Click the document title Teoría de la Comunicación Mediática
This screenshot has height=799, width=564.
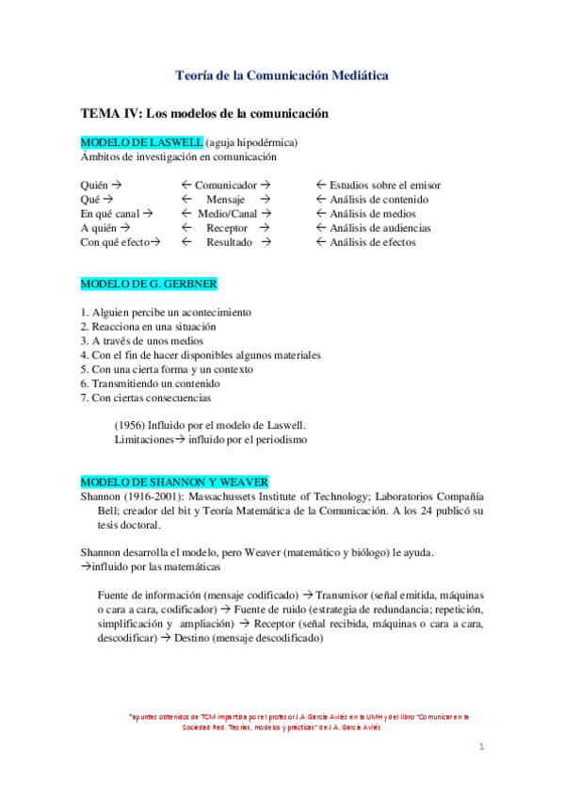(x=282, y=74)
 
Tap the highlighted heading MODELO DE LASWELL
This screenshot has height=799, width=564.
(x=141, y=142)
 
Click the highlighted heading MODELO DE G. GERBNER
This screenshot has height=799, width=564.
(x=150, y=283)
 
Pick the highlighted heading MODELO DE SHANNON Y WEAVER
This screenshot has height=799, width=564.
(x=174, y=481)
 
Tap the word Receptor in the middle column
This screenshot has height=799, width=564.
(x=227, y=228)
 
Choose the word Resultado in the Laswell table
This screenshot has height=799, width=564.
(x=229, y=242)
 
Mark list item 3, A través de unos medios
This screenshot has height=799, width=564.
(x=141, y=340)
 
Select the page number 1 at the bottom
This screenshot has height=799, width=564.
(x=481, y=747)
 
